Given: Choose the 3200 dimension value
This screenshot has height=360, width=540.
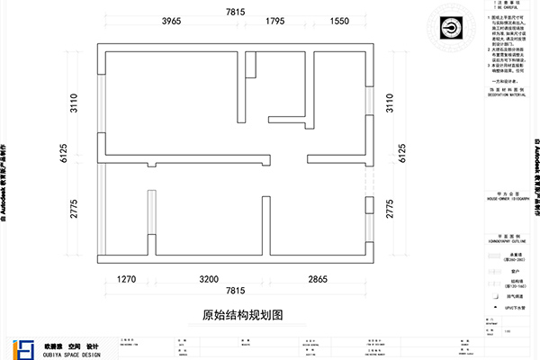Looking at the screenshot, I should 209,280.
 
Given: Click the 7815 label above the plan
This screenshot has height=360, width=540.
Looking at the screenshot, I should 235,11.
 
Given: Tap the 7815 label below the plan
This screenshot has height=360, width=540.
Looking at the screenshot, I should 235,292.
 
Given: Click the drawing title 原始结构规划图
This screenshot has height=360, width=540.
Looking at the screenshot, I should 243,316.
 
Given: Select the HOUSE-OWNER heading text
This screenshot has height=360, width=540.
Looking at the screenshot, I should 504,199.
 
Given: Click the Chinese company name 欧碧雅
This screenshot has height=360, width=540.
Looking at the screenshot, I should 52,345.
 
